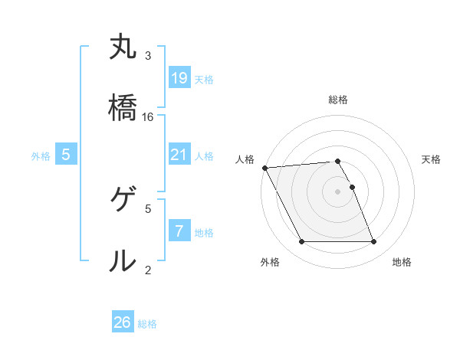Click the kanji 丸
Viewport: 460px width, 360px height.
click(123, 47)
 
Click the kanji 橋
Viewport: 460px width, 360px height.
click(123, 108)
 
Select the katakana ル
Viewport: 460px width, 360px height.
click(123, 260)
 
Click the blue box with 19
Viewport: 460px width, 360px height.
click(179, 78)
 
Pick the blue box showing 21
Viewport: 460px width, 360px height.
click(179, 155)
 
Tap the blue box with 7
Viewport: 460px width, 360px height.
click(179, 231)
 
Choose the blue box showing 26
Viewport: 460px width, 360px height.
click(123, 322)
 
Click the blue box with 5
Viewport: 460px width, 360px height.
click(66, 155)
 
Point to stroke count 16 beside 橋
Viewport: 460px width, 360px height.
click(148, 116)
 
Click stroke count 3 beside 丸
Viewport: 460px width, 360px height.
click(148, 56)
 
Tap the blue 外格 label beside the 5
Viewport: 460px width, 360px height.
click(41, 155)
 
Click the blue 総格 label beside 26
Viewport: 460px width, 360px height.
click(147, 323)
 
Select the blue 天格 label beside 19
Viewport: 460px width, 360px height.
click(204, 79)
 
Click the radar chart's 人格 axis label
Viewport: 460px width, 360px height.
click(246, 159)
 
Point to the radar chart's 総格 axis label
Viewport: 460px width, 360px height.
click(338, 100)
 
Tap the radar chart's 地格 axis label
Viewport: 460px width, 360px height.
click(402, 262)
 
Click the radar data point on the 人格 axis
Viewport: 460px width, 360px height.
click(265, 168)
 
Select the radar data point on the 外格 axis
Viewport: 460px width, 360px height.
click(302, 242)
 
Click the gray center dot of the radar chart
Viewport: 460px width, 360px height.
click(338, 191)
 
